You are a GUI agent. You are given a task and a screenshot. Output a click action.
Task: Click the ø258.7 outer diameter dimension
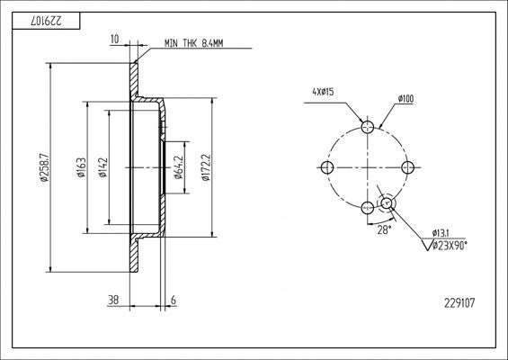click(x=44, y=167)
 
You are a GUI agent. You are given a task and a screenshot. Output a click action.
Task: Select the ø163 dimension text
click(x=81, y=167)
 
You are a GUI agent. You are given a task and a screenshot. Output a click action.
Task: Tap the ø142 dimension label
click(x=102, y=167)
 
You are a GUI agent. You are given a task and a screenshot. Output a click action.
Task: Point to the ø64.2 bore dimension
click(x=179, y=167)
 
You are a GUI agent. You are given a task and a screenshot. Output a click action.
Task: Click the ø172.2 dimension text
click(x=206, y=167)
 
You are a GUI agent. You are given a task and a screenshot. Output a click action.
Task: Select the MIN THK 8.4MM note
click(x=193, y=43)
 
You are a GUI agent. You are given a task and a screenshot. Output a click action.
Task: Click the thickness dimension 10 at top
click(x=115, y=40)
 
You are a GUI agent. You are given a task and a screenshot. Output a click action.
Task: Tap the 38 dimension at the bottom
click(x=113, y=300)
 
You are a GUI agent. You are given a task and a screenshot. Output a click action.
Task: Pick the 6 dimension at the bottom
click(x=174, y=300)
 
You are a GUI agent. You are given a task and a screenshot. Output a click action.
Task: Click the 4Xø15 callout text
click(x=323, y=92)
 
